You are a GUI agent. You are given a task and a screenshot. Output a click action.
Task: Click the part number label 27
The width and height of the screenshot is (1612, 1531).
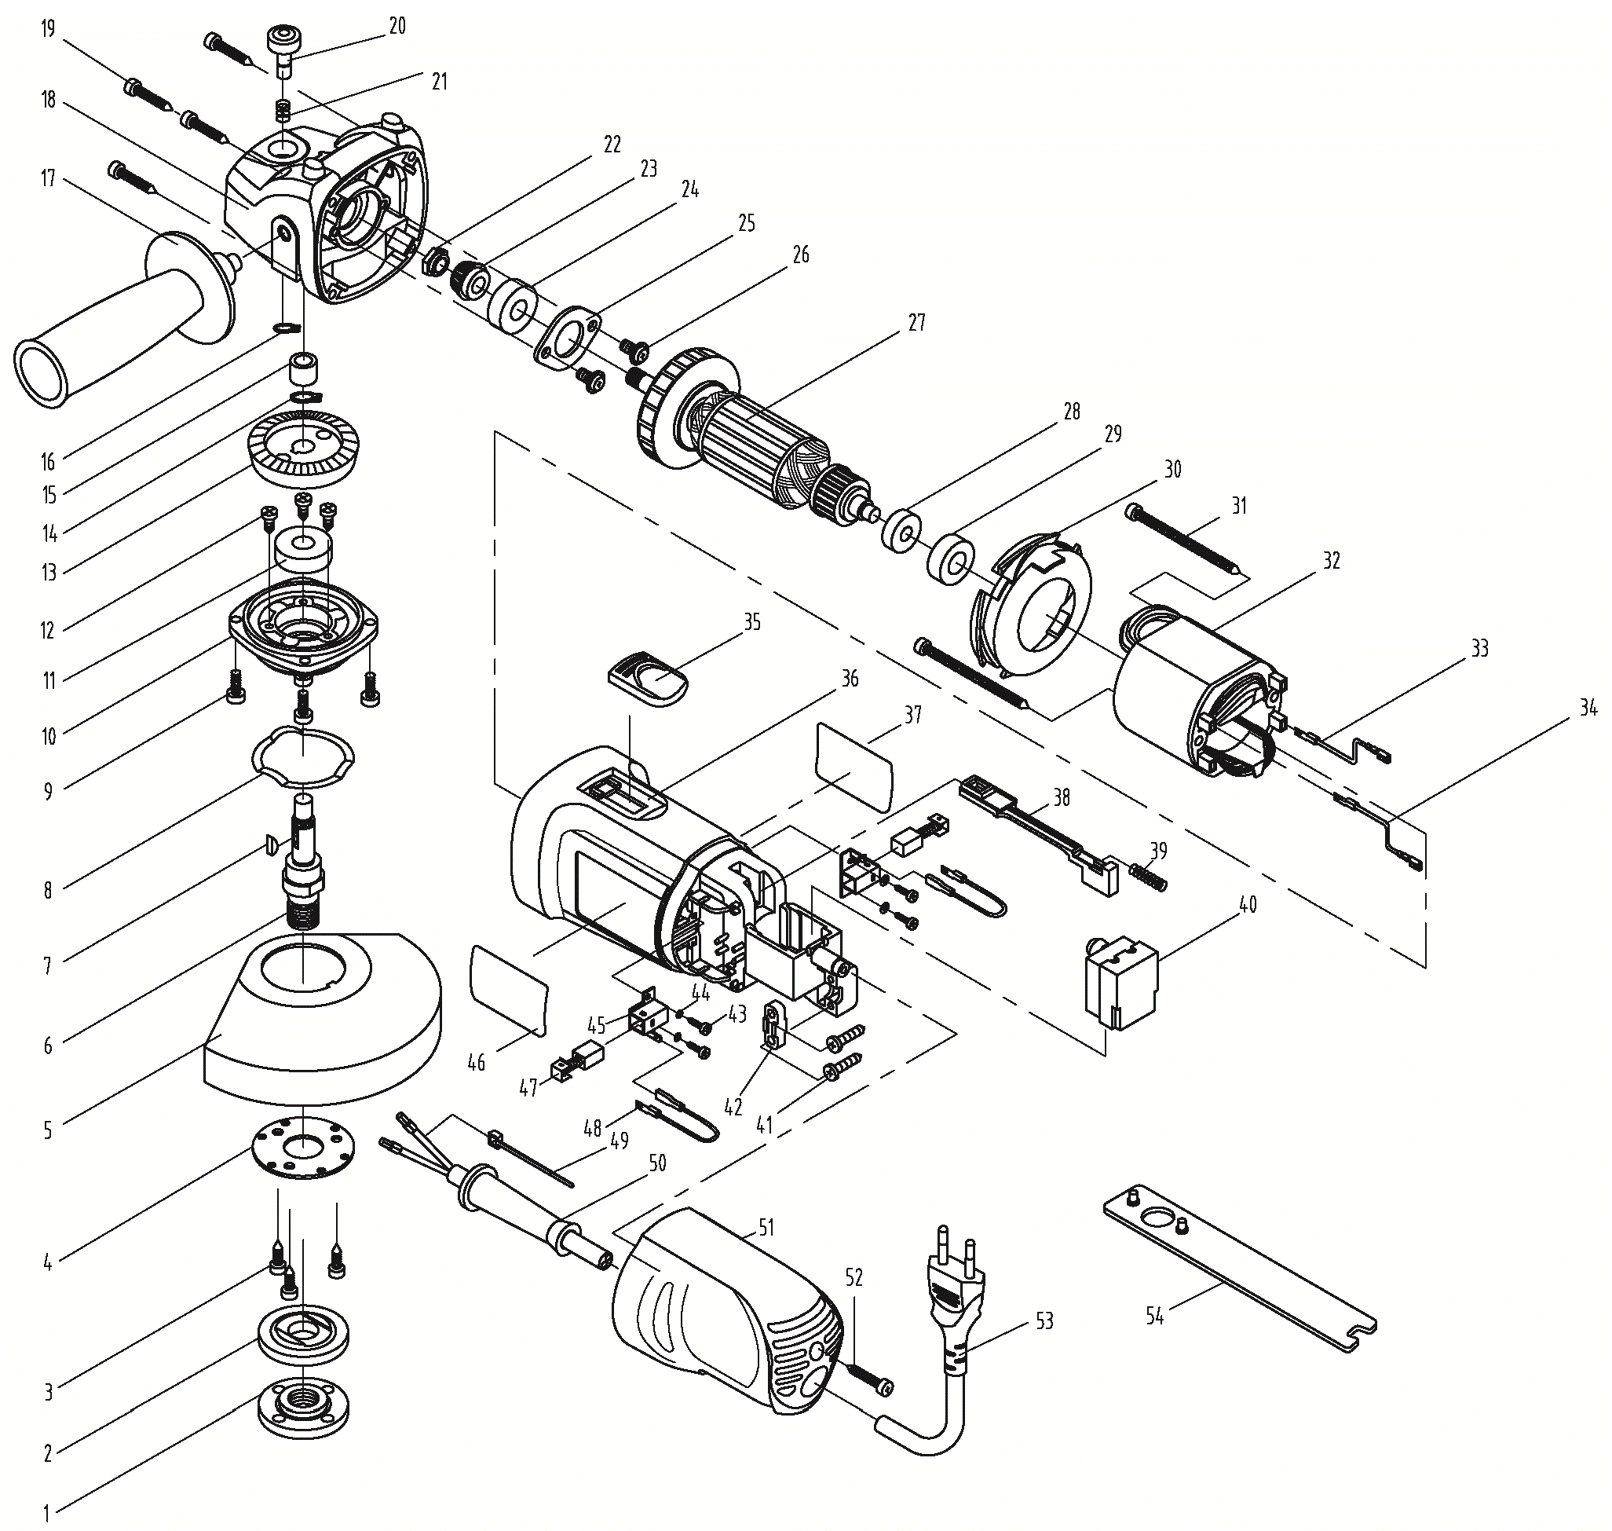(x=917, y=322)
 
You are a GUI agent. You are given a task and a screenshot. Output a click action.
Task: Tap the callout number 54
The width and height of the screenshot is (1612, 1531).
(x=1154, y=1316)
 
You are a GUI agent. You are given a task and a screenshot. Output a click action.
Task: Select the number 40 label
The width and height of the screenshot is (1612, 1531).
(x=1248, y=904)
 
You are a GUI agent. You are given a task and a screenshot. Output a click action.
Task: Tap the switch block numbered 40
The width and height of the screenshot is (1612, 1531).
(x=1123, y=983)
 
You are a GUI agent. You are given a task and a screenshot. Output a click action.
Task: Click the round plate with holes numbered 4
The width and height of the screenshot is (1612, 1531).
(x=303, y=1147)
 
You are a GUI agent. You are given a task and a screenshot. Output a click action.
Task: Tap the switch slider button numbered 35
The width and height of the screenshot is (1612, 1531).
(x=649, y=677)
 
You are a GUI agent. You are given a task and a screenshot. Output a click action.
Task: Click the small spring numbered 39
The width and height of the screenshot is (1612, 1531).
(x=1149, y=878)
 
